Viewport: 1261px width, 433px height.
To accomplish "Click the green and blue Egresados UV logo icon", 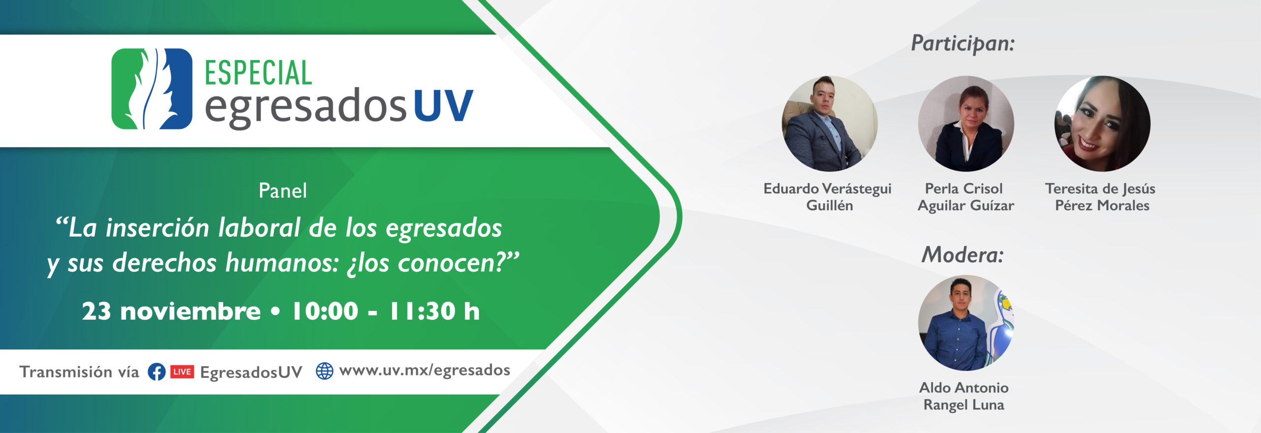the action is (x=152, y=89).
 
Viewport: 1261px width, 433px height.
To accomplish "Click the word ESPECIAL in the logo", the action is (x=258, y=73).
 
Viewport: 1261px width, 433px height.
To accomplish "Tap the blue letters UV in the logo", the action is (x=443, y=105).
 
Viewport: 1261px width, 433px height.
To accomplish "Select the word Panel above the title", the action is (x=283, y=191).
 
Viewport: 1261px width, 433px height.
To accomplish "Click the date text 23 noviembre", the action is (x=171, y=311).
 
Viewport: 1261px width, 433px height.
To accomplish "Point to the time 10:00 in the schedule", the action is (x=325, y=311).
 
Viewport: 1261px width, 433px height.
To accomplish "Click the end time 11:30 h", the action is (x=434, y=311).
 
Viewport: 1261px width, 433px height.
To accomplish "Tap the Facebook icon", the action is (x=157, y=372).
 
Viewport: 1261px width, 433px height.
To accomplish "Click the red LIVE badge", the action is (x=182, y=372).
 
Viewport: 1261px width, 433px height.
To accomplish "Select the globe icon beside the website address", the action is (x=325, y=371).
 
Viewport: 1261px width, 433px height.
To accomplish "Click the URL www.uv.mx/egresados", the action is (x=425, y=371).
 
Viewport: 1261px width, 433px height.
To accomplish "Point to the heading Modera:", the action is (x=962, y=255).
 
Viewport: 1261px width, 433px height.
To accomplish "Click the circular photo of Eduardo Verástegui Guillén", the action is (x=830, y=124).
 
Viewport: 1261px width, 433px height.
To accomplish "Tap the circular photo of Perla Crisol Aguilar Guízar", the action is (x=966, y=124).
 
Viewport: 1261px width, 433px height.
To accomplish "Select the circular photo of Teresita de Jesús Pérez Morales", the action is (x=1102, y=124).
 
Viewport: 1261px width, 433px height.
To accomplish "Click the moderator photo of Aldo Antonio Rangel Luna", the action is (x=966, y=323).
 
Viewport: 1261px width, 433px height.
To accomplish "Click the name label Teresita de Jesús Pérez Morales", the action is (x=1100, y=197).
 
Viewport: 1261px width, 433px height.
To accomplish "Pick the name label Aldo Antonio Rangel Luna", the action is (x=964, y=396).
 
